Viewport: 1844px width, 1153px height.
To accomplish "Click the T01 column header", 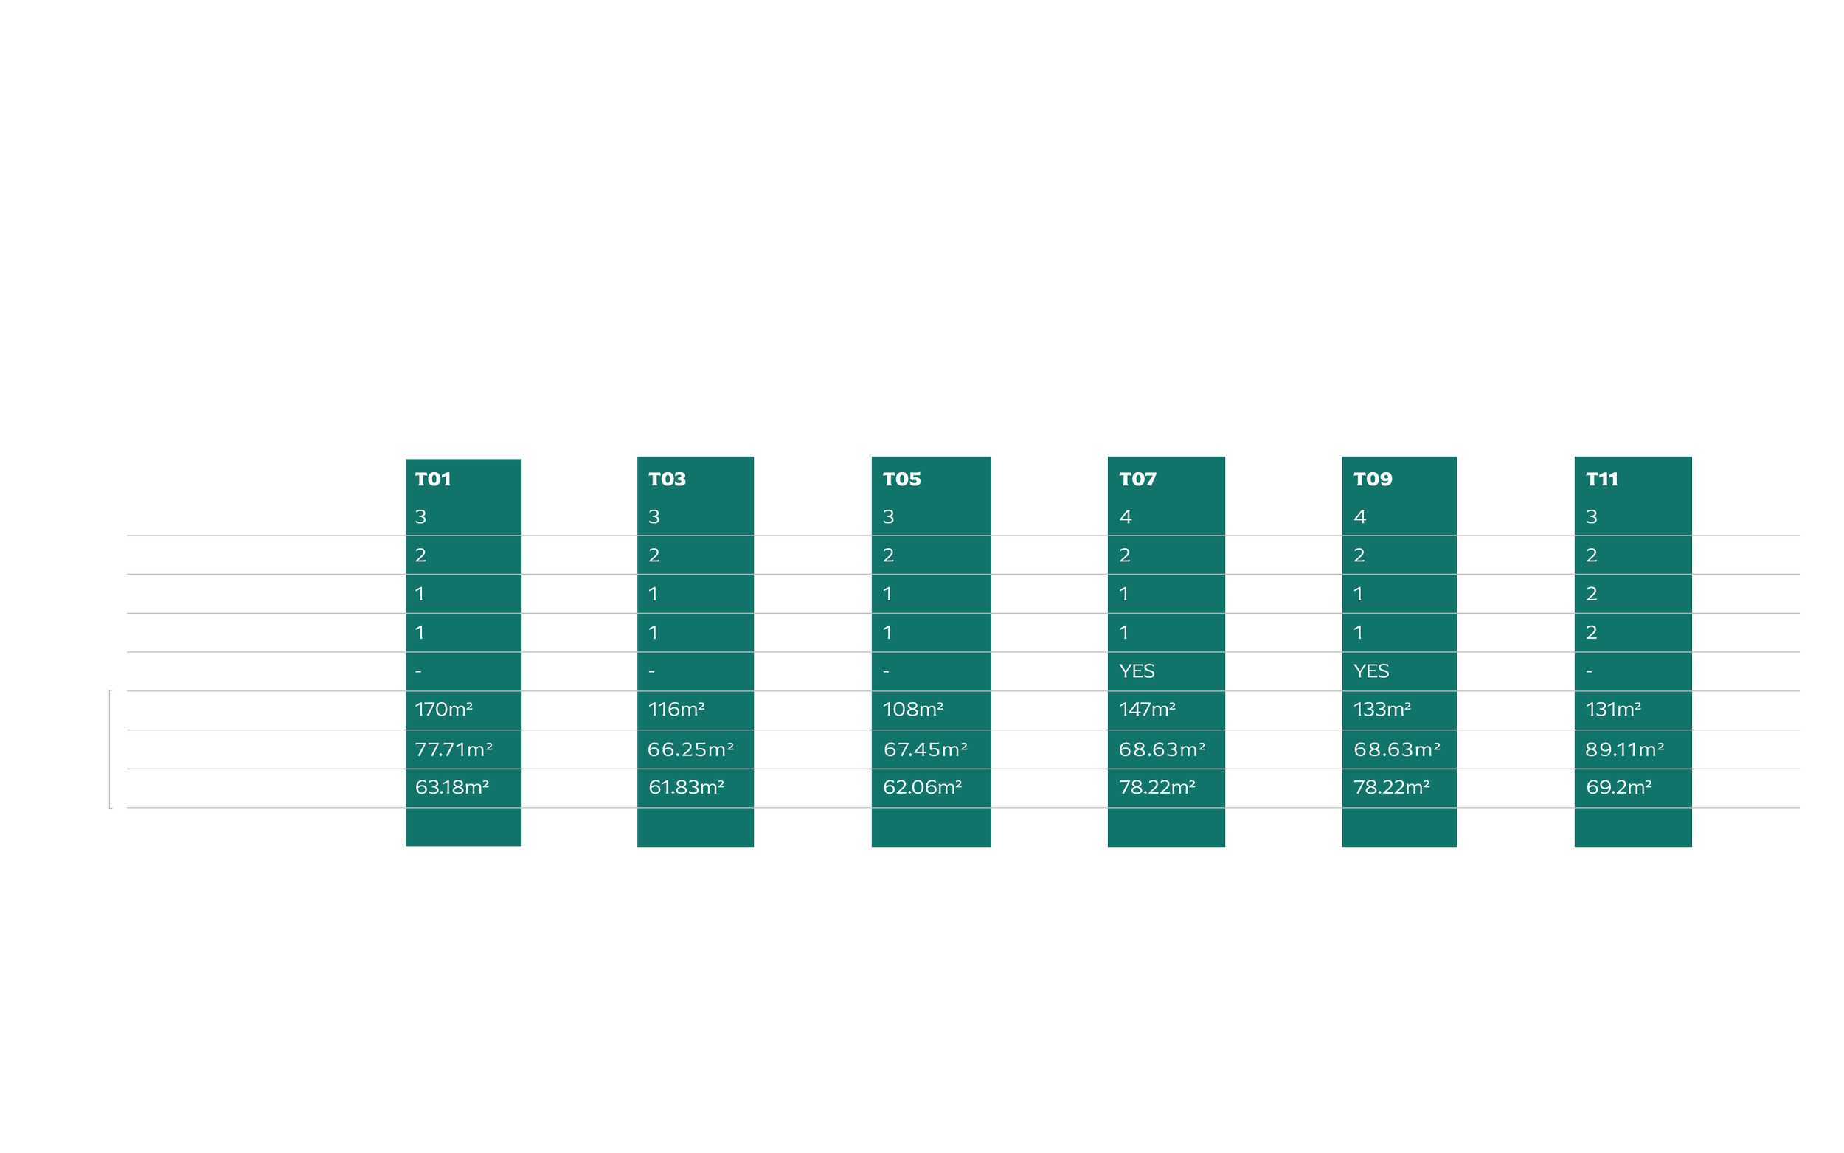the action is [x=433, y=479].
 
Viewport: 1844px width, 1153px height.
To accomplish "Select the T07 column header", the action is [x=1137, y=479].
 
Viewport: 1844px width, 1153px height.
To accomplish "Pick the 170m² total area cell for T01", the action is [x=443, y=709].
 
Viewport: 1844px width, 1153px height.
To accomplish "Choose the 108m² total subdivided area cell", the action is [x=912, y=709].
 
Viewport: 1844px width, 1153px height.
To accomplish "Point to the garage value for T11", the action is [x=1591, y=594].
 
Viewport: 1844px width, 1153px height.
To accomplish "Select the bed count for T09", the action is [x=1359, y=517].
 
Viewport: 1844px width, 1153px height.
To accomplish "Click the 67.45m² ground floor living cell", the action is [x=925, y=749].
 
